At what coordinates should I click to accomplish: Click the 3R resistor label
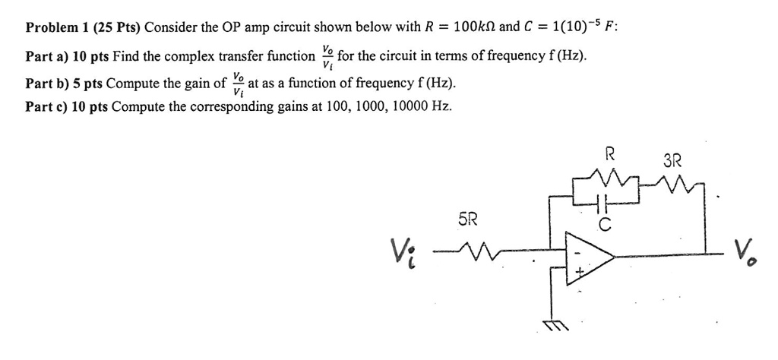[672, 161]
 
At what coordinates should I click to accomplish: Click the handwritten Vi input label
[406, 249]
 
